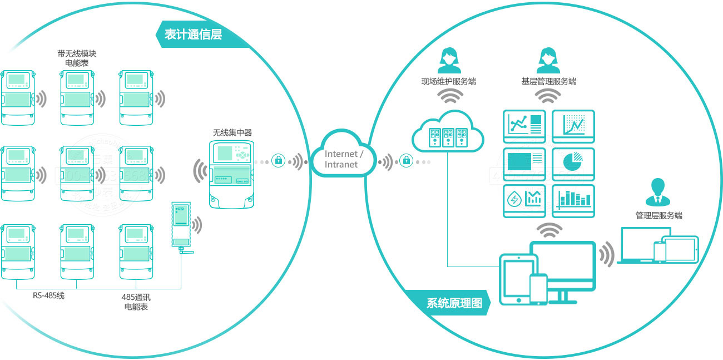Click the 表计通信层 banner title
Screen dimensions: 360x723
[x=193, y=34]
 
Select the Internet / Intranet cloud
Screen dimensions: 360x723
[x=344, y=159]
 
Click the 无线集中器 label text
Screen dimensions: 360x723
[x=232, y=132]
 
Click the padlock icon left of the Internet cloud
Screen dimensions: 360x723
[x=278, y=161]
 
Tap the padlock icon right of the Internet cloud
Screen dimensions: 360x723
[x=407, y=161]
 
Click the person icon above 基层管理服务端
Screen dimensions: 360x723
[x=548, y=60]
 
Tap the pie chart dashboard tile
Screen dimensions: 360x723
[x=573, y=164]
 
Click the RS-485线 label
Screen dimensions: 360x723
[x=48, y=295]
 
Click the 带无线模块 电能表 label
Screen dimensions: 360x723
[x=77, y=58]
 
